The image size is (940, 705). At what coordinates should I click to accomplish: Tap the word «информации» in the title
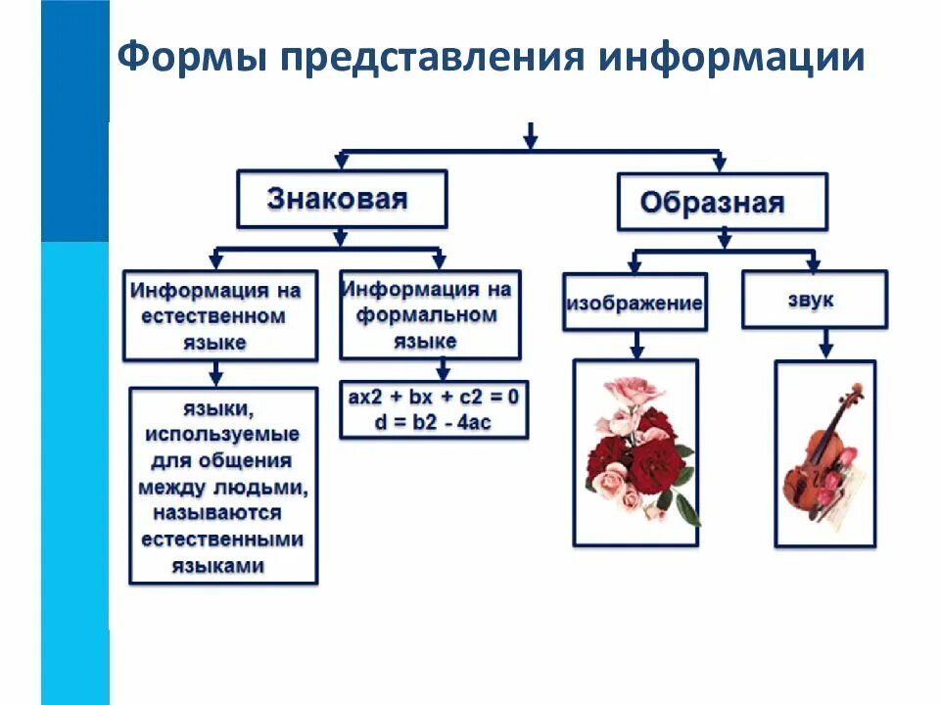point(731,58)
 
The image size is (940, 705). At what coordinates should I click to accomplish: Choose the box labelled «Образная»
point(722,203)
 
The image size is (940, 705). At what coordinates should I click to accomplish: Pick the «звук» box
point(814,300)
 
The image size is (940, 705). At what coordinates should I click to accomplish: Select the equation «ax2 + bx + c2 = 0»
point(433,398)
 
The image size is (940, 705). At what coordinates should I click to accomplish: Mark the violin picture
point(824,452)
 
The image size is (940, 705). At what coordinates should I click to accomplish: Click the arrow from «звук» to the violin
point(824,343)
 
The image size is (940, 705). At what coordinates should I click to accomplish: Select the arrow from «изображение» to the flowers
point(635,344)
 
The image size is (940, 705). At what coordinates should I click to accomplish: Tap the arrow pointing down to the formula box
point(443,370)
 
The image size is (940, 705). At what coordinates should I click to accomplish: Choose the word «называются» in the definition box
point(216,513)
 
